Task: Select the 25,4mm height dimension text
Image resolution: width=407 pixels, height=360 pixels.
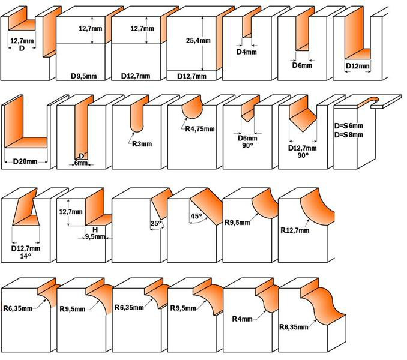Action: point(197,41)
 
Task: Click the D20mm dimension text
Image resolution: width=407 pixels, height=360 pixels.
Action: point(25,161)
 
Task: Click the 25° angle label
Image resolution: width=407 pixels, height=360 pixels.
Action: point(156,224)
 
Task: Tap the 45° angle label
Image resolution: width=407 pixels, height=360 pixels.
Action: point(194,217)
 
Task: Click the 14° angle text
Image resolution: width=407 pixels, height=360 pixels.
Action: point(25,256)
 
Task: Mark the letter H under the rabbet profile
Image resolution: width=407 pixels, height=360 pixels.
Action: point(95,229)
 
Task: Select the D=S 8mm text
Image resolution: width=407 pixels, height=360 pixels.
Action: point(348,135)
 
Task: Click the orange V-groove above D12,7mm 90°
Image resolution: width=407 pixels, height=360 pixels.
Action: point(303,117)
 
